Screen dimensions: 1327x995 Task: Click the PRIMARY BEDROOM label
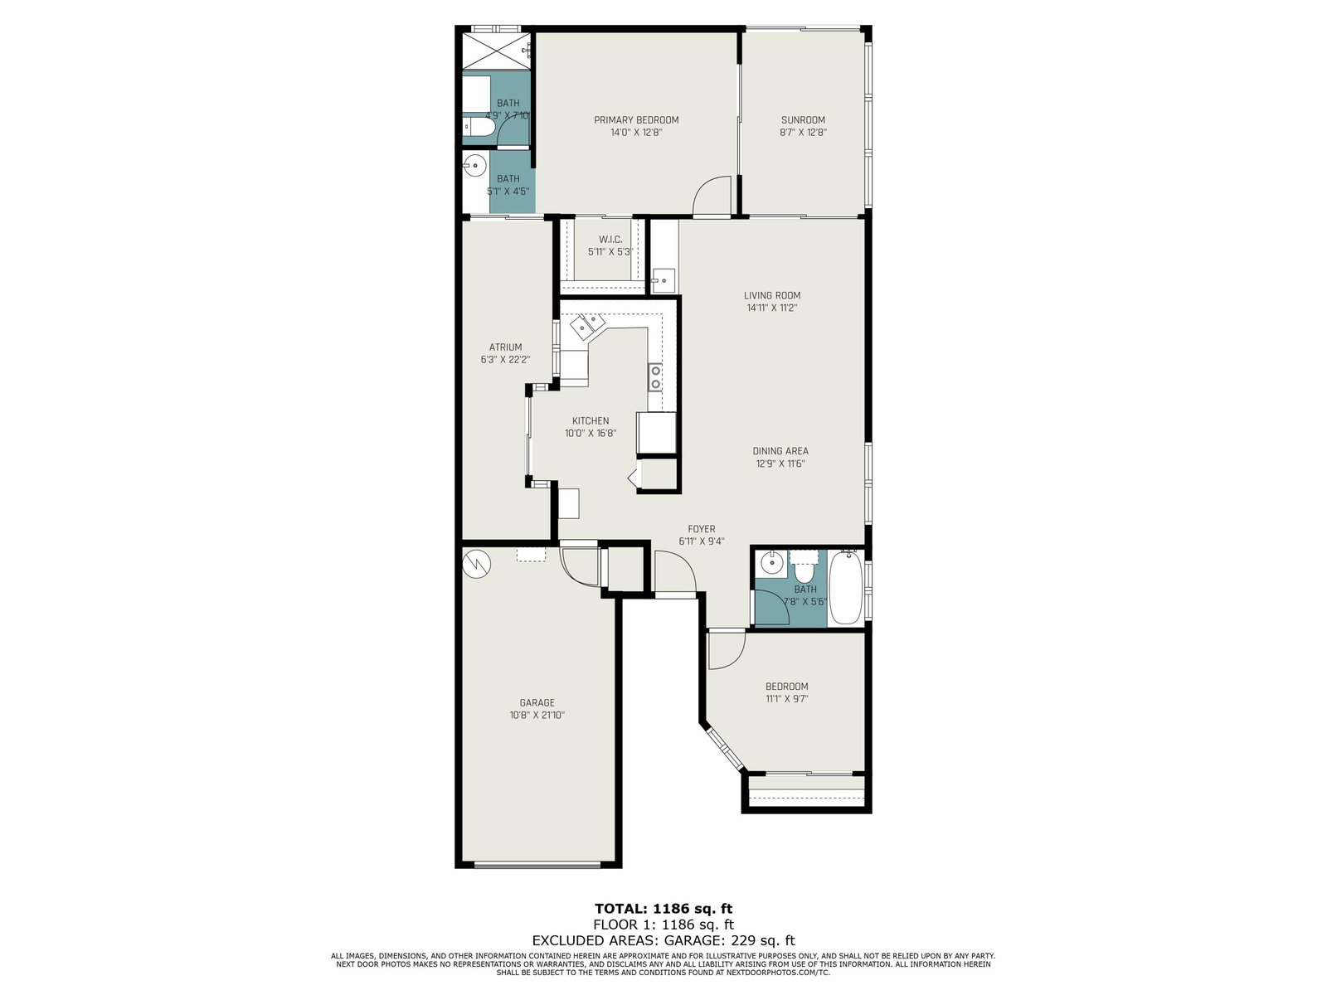point(636,120)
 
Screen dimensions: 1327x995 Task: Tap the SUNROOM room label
point(803,120)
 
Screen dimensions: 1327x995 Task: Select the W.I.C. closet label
point(610,240)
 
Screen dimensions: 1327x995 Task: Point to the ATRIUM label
point(505,347)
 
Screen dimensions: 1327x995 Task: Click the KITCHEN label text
point(591,421)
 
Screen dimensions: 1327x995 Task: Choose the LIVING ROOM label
point(772,295)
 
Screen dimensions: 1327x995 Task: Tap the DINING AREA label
point(780,451)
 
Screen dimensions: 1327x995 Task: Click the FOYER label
point(702,529)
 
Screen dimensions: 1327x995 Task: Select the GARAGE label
point(537,702)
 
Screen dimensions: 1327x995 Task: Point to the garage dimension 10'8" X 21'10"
point(537,716)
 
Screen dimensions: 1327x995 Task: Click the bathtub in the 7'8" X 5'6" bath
point(846,588)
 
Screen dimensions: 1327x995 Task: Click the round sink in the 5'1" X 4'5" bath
point(475,165)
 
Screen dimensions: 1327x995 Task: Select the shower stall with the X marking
point(497,51)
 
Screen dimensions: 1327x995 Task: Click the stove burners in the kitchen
point(655,377)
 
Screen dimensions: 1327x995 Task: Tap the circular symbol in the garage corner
point(476,565)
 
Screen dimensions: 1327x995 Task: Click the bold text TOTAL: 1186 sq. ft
point(663,909)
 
